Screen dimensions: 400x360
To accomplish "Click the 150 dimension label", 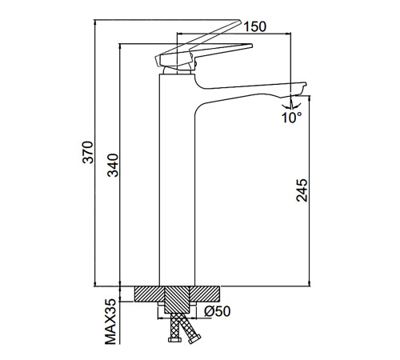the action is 255,26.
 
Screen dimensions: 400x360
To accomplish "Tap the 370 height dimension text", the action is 88,152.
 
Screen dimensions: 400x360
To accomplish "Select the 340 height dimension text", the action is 113,166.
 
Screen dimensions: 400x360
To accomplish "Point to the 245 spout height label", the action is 302,190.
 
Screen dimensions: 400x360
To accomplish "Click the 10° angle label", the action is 292,118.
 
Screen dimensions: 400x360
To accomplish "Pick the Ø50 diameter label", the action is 217,311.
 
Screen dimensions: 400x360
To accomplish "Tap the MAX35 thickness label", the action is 110,321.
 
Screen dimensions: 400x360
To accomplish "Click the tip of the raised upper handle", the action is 240,22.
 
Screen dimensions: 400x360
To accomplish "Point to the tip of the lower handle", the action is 251,46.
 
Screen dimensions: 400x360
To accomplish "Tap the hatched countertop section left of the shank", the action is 149,294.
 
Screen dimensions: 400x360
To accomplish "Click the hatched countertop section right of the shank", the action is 205,294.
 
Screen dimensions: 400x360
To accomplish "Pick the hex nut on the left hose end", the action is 175,339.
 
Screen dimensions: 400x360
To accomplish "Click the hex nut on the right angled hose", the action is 194,339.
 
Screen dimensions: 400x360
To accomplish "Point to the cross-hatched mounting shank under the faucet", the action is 177,299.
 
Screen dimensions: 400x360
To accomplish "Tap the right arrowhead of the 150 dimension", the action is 289,34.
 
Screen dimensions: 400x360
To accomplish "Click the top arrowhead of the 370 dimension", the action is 95,22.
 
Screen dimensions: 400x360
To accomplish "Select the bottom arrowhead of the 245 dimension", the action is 310,283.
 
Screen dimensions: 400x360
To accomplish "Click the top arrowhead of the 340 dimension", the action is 120,46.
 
